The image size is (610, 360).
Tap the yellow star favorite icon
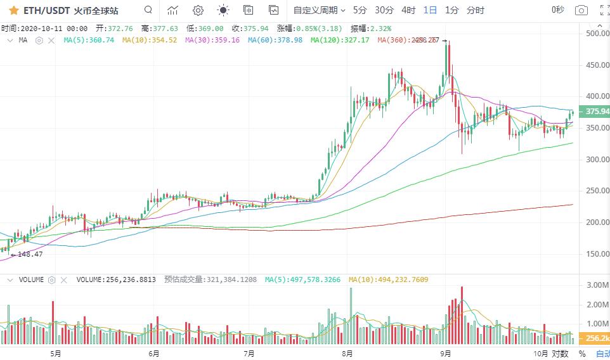[13, 10]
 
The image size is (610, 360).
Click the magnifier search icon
[148, 10]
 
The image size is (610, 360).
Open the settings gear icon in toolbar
[198, 10]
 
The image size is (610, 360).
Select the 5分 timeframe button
[360, 10]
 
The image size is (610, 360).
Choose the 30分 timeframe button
[384, 10]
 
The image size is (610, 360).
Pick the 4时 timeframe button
[409, 10]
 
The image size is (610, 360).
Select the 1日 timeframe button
[431, 10]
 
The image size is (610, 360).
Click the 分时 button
[475, 10]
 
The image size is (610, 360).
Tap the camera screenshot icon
[581, 10]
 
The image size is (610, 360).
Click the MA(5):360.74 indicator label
[89, 40]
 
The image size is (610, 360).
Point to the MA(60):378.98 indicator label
[275, 40]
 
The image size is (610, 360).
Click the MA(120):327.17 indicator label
[340, 40]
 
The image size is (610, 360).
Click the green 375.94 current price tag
[597, 112]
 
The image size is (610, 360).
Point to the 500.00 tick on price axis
[597, 33]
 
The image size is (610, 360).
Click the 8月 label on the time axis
[347, 353]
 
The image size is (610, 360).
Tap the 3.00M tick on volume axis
[597, 285]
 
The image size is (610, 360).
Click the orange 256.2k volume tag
[597, 338]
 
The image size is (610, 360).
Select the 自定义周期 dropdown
[319, 10]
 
